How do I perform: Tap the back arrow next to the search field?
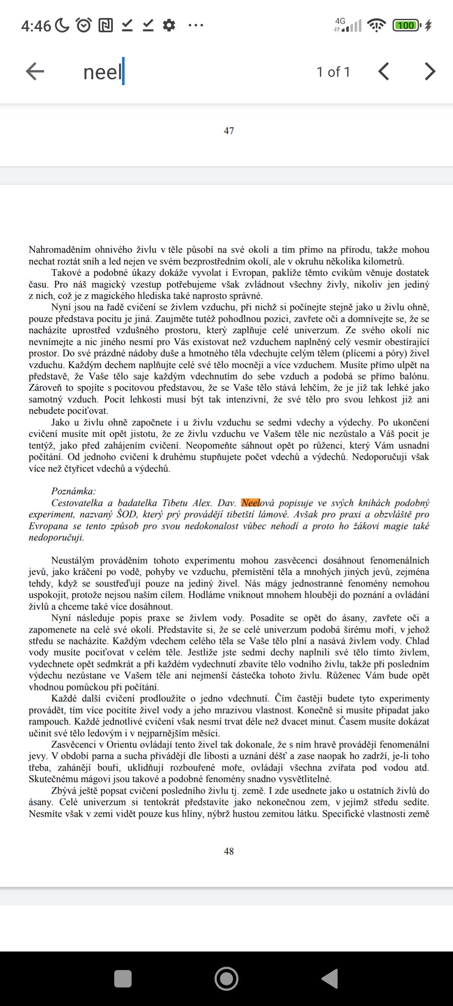point(35,72)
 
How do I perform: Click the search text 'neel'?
point(102,72)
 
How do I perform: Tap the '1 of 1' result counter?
point(333,72)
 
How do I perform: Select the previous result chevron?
point(383,72)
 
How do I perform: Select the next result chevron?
point(430,72)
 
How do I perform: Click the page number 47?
point(229,131)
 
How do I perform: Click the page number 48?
point(229,851)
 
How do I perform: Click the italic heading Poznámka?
point(73,491)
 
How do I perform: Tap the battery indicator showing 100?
point(406,26)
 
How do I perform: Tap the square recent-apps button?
point(123,979)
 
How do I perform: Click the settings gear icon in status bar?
point(169,26)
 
